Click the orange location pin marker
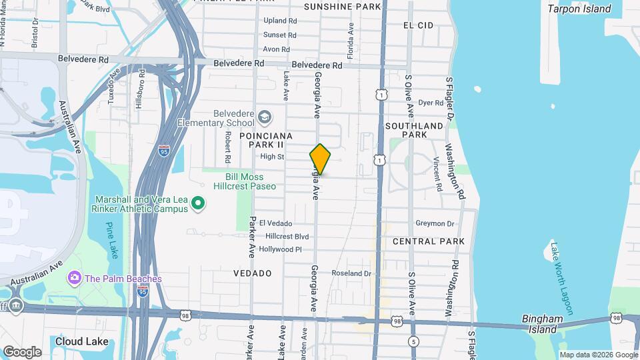[x=320, y=159]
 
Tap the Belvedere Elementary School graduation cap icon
[x=264, y=118]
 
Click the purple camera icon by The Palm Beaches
[x=74, y=277]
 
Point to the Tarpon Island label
[x=579, y=9]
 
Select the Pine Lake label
[x=111, y=239]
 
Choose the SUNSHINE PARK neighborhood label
[x=342, y=7]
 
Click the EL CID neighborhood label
[x=419, y=25]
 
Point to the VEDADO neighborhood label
[x=252, y=273]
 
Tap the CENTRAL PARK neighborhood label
[x=428, y=241]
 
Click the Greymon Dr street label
[x=434, y=224]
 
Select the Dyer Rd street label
[x=431, y=103]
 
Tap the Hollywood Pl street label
[x=281, y=249]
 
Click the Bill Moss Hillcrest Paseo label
[x=241, y=181]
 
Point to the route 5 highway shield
[x=415, y=342]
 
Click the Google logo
[x=22, y=351]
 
